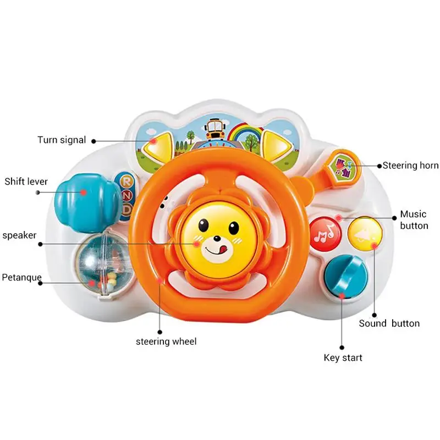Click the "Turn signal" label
point(62,140)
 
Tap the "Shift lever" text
point(26,181)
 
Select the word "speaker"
point(19,235)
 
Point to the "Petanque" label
point(21,277)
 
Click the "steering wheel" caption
point(166,342)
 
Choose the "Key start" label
point(343,358)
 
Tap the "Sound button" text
point(389,323)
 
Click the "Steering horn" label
point(411,165)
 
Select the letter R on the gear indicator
point(127,181)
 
